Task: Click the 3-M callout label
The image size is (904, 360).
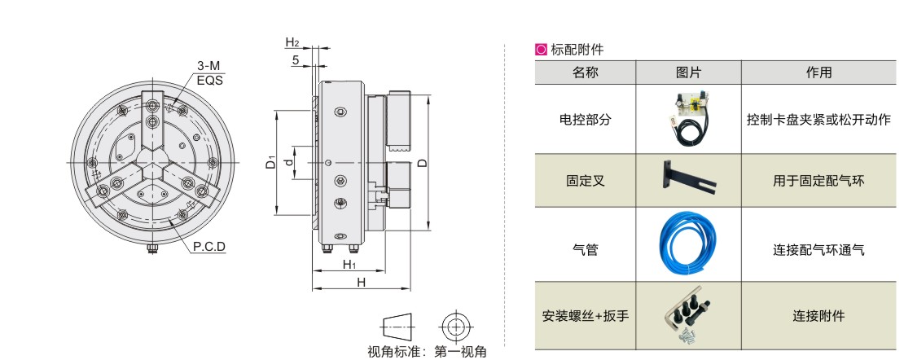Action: (208, 65)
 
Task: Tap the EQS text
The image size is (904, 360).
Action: (209, 79)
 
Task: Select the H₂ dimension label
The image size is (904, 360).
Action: (292, 42)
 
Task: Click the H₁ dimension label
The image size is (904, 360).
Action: (349, 265)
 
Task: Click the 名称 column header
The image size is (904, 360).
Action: (585, 72)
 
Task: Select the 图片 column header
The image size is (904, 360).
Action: (688, 72)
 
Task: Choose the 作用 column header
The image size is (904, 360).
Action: (818, 72)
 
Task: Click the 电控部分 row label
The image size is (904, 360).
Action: (585, 119)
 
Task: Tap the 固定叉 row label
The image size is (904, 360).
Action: (585, 181)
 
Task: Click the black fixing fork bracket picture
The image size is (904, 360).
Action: (688, 178)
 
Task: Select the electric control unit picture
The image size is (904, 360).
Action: (688, 119)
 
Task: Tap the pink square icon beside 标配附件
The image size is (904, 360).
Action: (541, 50)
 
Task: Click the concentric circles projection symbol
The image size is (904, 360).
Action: (456, 327)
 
